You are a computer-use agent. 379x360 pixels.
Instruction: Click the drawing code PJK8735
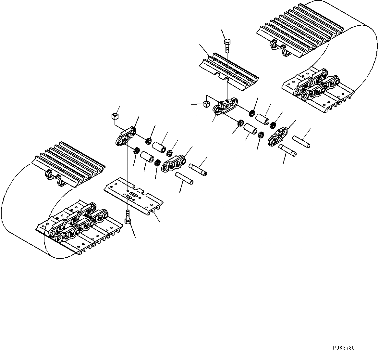coord(343,348)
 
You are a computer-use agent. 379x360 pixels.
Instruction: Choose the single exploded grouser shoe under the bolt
coord(229,70)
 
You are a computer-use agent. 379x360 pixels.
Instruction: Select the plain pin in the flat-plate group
coord(184,178)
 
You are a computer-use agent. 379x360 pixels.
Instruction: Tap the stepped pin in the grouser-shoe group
coord(287,150)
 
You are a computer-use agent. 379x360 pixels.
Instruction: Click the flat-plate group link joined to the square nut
coord(125,136)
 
